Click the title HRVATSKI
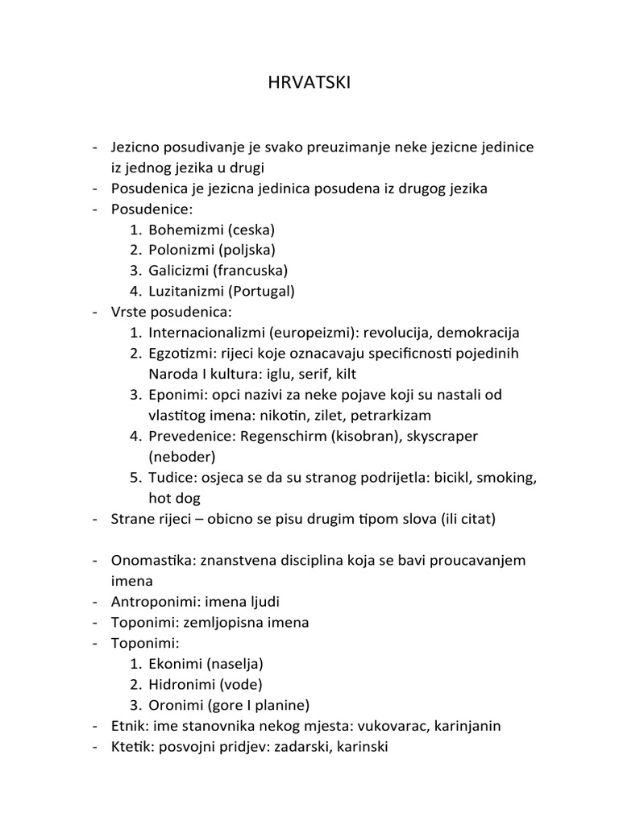pos(309,85)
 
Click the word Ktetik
pos(129,747)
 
